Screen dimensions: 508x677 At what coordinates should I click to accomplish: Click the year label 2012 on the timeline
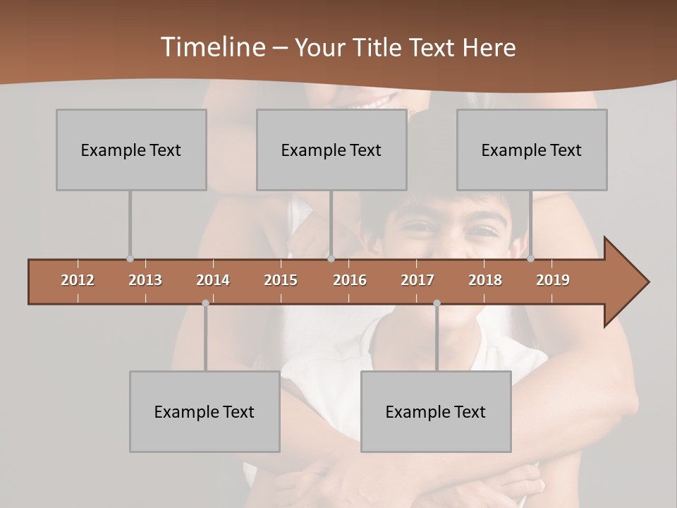78,280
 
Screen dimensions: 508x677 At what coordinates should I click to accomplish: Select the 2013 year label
145,280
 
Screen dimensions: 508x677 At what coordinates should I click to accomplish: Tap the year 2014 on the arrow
213,280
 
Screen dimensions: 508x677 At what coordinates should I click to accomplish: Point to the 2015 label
281,280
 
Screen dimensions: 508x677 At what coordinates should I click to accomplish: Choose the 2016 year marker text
350,280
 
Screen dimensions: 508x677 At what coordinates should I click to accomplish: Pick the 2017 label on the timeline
417,280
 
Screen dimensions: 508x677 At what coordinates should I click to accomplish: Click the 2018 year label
485,280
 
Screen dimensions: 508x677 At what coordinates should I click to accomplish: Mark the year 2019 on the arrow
553,280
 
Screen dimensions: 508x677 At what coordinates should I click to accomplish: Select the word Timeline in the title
212,47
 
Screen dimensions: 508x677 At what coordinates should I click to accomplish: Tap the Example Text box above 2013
131,150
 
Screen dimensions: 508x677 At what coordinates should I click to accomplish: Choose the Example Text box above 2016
331,150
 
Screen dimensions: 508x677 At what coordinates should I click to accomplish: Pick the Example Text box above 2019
532,150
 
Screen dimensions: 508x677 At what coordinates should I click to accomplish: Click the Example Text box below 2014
205,411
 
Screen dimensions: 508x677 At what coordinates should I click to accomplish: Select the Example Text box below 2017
436,411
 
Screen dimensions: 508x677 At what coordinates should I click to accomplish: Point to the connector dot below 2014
205,303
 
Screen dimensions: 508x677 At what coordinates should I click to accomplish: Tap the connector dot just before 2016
331,258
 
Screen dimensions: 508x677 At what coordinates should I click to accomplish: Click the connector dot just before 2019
530,258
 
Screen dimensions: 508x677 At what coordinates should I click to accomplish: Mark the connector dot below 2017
437,303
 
